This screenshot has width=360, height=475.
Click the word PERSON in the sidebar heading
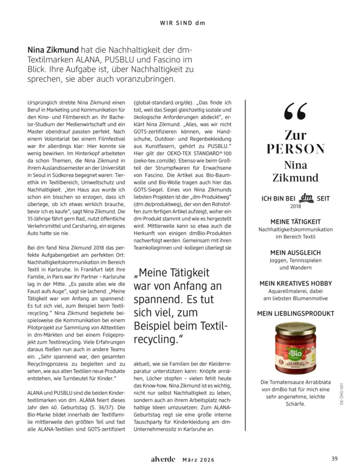tap(295, 149)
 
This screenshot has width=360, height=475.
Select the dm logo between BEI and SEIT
tap(306, 197)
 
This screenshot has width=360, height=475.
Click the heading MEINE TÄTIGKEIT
tap(295, 222)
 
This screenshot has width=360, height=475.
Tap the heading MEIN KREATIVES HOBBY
tap(295, 283)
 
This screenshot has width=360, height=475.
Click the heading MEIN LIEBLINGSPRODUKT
tap(295, 314)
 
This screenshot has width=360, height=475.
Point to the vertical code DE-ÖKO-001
tap(342, 395)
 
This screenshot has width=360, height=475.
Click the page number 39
tap(334, 459)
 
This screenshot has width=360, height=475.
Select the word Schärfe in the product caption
tap(295, 403)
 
